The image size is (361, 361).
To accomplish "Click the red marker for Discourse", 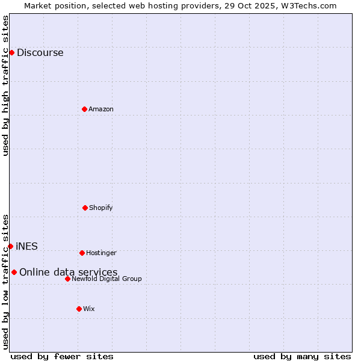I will pyautogui.click(x=11, y=52).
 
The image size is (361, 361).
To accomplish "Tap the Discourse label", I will pyautogui.click(x=40, y=53).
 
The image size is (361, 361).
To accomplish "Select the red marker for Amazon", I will pyautogui.click(x=84, y=109).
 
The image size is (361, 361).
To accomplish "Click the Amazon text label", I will pyautogui.click(x=100, y=110).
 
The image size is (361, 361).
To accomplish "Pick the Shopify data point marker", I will pyautogui.click(x=85, y=208).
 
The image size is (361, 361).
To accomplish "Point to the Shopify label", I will pyautogui.click(x=100, y=208).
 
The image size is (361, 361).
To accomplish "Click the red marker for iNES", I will pyautogui.click(x=10, y=246).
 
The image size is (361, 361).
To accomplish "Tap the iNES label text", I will pyautogui.click(x=26, y=247).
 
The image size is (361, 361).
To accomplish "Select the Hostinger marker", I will pyautogui.click(x=82, y=253).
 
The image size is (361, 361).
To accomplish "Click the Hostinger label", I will pyautogui.click(x=101, y=253).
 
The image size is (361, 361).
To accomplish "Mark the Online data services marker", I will pyautogui.click(x=14, y=272).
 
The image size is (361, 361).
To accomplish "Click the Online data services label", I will pyautogui.click(x=68, y=273).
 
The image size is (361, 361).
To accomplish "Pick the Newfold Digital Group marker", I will pyautogui.click(x=67, y=279).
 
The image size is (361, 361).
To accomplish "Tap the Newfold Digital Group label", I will pyautogui.click(x=106, y=279).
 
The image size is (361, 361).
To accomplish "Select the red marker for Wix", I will pyautogui.click(x=79, y=309).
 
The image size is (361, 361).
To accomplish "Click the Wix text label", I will pyautogui.click(x=89, y=309).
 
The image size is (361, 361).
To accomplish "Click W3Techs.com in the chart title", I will pyautogui.click(x=307, y=5).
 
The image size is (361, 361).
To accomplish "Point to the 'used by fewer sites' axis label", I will pyautogui.click(x=62, y=356).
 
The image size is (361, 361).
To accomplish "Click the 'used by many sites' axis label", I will pyautogui.click(x=302, y=356).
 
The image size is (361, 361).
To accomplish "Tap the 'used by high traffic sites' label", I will pyautogui.click(x=5, y=85).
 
